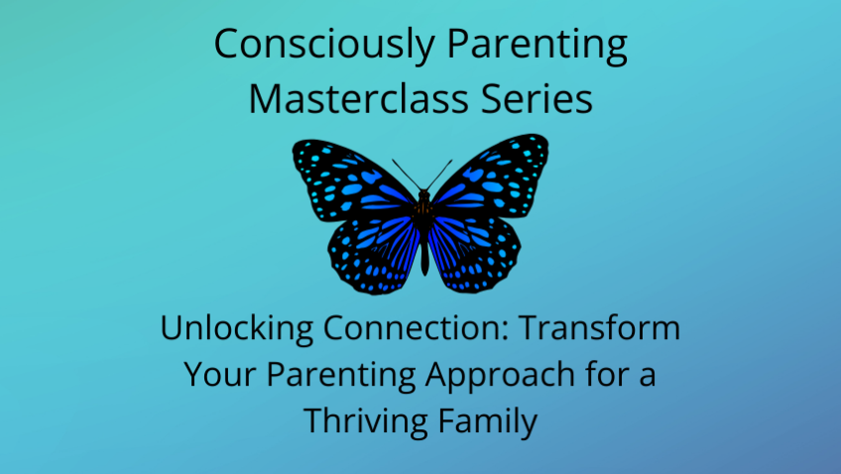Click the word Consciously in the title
(x=324, y=45)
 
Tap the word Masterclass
(x=359, y=99)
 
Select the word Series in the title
(x=537, y=99)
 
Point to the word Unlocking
(x=236, y=328)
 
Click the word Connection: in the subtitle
(x=416, y=328)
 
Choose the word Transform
(x=599, y=327)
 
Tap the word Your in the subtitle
(x=220, y=374)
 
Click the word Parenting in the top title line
(x=537, y=45)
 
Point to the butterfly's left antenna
(x=408, y=175)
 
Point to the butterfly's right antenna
(x=439, y=175)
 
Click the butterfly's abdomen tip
(x=424, y=273)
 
